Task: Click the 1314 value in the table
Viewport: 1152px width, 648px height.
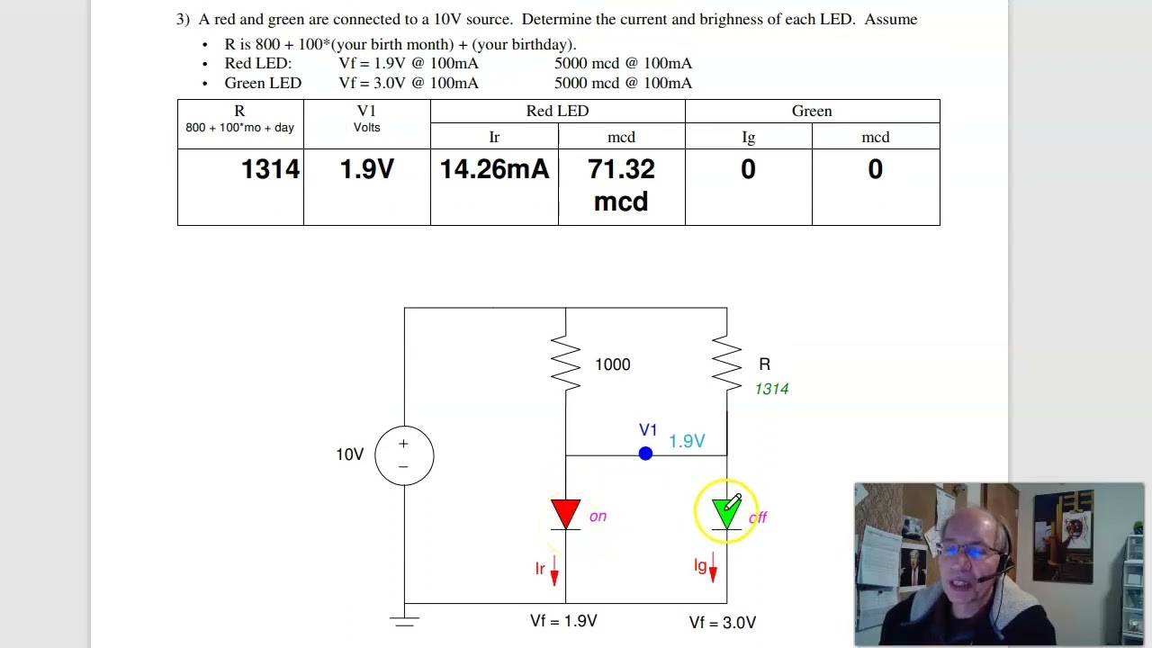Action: click(270, 170)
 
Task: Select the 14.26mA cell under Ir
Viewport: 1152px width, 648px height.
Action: click(494, 170)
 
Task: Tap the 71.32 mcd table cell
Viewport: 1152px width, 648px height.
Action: click(621, 185)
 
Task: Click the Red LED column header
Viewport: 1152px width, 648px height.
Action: click(557, 111)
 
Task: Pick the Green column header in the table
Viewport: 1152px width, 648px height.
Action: click(812, 111)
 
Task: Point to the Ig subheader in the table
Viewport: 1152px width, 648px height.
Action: click(748, 137)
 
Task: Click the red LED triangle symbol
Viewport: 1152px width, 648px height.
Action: click(565, 513)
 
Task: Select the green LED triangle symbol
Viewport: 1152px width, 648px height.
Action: click(724, 513)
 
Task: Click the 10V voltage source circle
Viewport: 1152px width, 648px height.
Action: click(404, 454)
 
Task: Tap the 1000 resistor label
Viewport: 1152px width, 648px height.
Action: click(612, 364)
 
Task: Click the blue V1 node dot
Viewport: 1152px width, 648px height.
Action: click(645, 454)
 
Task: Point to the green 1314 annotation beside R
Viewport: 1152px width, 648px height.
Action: click(771, 389)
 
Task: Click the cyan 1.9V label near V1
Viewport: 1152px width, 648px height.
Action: click(687, 441)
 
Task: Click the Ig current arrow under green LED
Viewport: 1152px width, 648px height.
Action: click(713, 568)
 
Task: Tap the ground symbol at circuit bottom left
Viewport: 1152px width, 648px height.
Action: click(404, 619)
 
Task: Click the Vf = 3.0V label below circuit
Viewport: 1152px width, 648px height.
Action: click(722, 622)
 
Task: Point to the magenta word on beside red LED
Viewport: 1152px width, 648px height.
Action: click(598, 517)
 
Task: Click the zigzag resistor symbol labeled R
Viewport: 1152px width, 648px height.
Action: click(726, 364)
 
